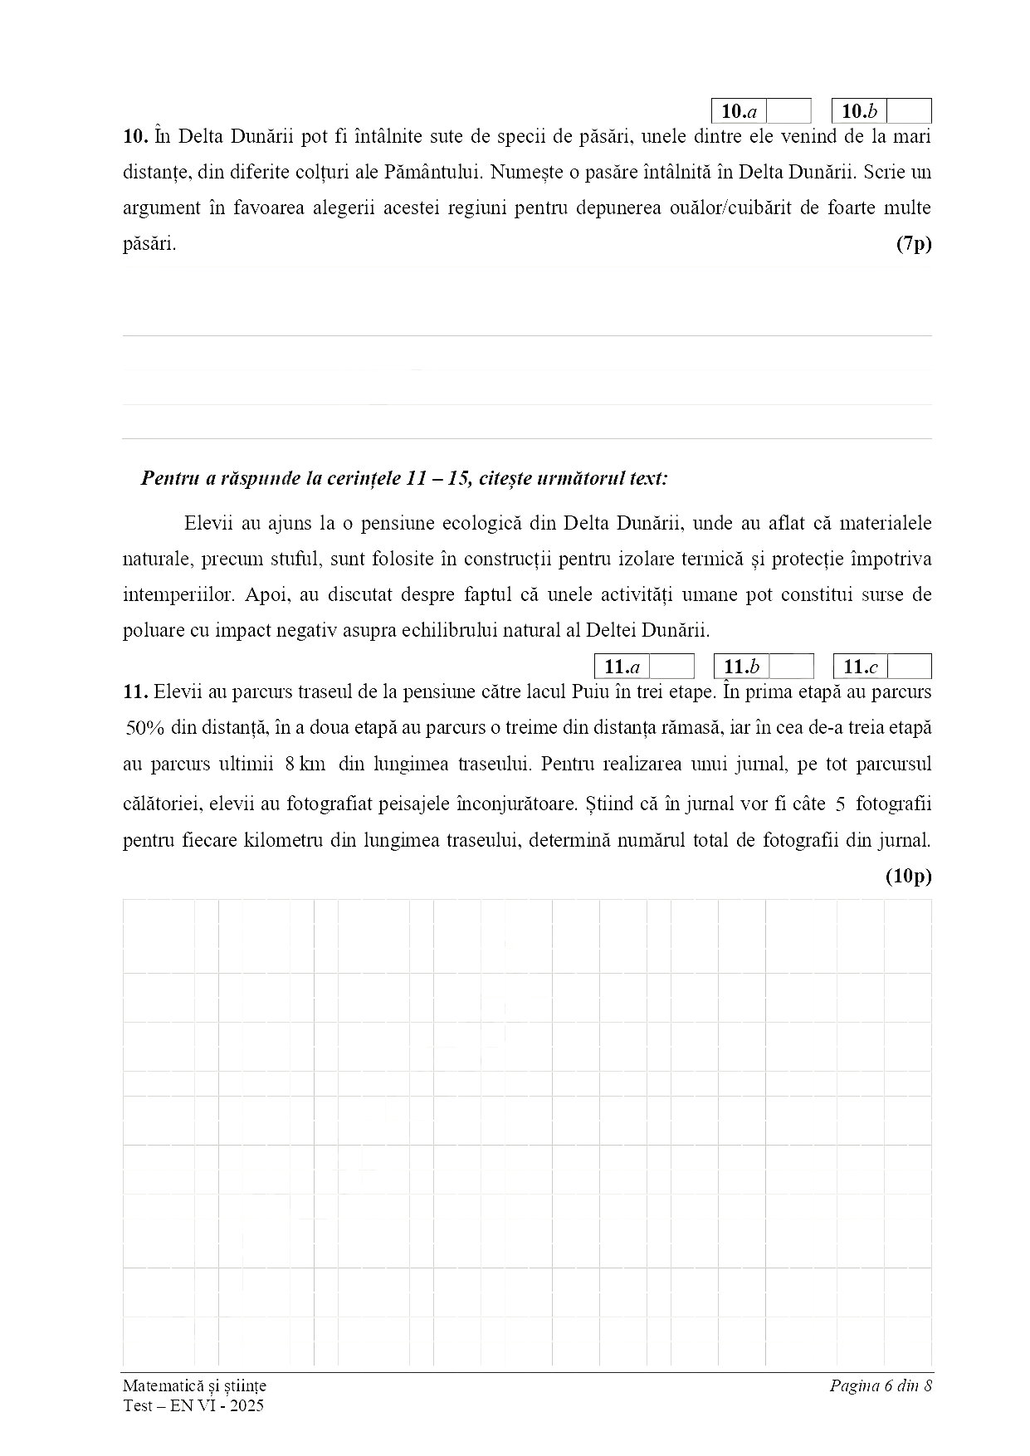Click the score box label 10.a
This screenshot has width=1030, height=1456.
739,112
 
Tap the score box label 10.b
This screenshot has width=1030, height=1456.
859,112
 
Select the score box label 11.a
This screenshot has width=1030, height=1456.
622,667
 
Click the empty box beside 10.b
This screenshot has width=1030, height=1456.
909,112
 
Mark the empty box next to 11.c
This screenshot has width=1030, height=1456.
910,667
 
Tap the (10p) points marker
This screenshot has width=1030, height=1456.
909,876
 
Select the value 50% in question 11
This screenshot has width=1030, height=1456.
145,728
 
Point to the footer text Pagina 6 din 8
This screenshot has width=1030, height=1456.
881,1385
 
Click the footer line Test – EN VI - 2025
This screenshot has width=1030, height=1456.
193,1405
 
